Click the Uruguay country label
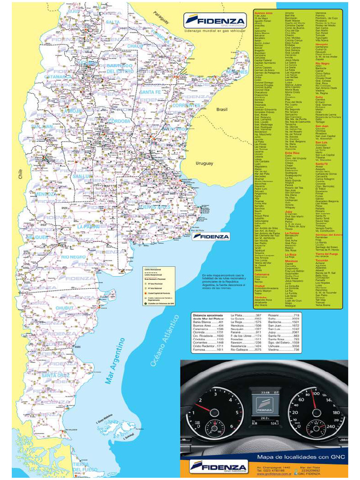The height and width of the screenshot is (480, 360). click(x=204, y=164)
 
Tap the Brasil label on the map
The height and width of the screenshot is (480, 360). click(x=222, y=109)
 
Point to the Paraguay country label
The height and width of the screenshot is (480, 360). click(x=161, y=19)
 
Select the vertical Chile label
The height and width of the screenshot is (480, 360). click(x=20, y=175)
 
